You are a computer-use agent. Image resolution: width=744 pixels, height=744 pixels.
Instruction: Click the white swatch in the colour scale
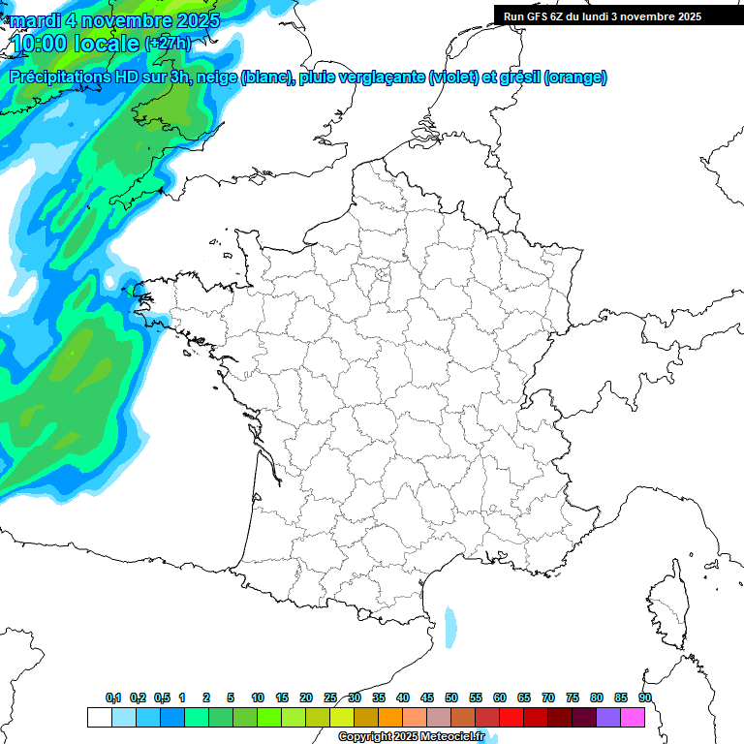coord(99,717)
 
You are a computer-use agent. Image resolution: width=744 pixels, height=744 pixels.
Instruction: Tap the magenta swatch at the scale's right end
coord(633,717)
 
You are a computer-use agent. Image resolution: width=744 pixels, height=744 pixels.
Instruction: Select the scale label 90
coord(645,697)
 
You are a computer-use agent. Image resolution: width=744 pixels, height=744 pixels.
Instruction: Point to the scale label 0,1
coord(113,697)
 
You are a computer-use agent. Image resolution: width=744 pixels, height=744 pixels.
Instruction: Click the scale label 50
coord(451,697)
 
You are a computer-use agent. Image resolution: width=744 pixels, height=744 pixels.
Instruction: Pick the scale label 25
coord(330,697)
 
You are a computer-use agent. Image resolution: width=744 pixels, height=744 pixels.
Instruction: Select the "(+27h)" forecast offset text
coord(167,44)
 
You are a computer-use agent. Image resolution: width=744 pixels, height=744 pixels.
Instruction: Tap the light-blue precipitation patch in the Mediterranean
coord(449,627)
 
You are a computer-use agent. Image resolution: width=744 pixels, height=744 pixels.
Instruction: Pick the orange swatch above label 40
coord(390,717)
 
